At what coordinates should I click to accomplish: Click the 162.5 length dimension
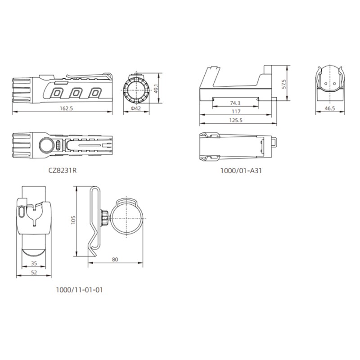(x=66, y=108)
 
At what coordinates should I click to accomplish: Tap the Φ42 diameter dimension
(x=136, y=108)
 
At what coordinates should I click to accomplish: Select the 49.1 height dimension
(x=156, y=89)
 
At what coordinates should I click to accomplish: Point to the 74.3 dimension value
(x=235, y=103)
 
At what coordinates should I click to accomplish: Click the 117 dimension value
(x=236, y=112)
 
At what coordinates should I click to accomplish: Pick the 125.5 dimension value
(x=236, y=120)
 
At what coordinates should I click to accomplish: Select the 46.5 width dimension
(x=330, y=108)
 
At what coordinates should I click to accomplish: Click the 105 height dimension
(x=73, y=220)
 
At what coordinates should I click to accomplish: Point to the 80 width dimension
(x=115, y=260)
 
